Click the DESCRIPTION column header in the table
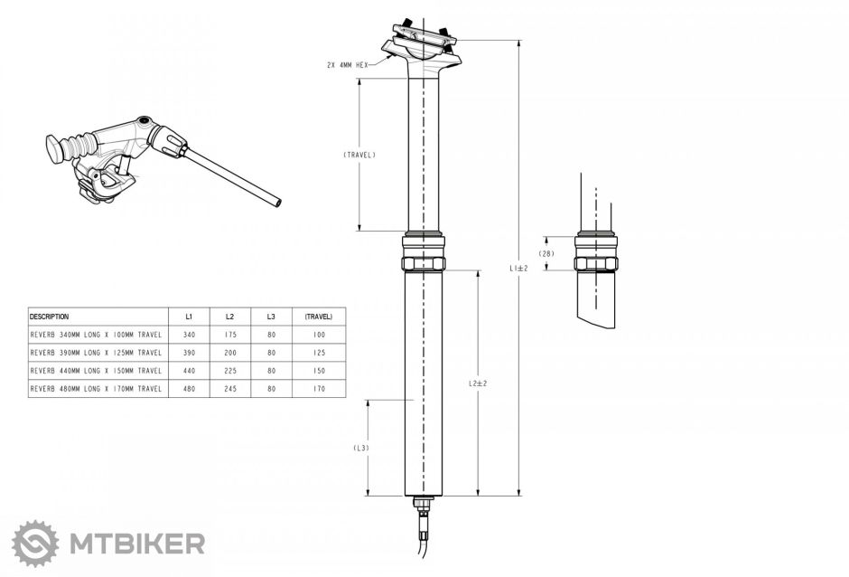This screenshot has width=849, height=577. pyautogui.click(x=50, y=317)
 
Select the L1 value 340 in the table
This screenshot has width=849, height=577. pyautogui.click(x=189, y=335)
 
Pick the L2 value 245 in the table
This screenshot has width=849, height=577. pyautogui.click(x=229, y=388)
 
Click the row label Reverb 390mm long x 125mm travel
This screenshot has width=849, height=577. pyautogui.click(x=96, y=353)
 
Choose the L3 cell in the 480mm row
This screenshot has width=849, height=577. pyautogui.click(x=271, y=388)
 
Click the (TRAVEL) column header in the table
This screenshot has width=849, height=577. pyautogui.click(x=318, y=317)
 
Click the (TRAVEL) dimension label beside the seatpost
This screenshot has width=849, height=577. pyautogui.click(x=359, y=155)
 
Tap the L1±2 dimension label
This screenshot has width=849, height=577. pyautogui.click(x=518, y=268)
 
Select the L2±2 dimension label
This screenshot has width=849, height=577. pyautogui.click(x=478, y=383)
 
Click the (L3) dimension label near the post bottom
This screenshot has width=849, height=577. pyautogui.click(x=360, y=448)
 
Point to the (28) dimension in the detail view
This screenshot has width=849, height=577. pyautogui.click(x=546, y=254)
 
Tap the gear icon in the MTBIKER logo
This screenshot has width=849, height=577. pyautogui.click(x=35, y=543)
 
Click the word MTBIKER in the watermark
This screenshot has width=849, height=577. pyautogui.click(x=136, y=544)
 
